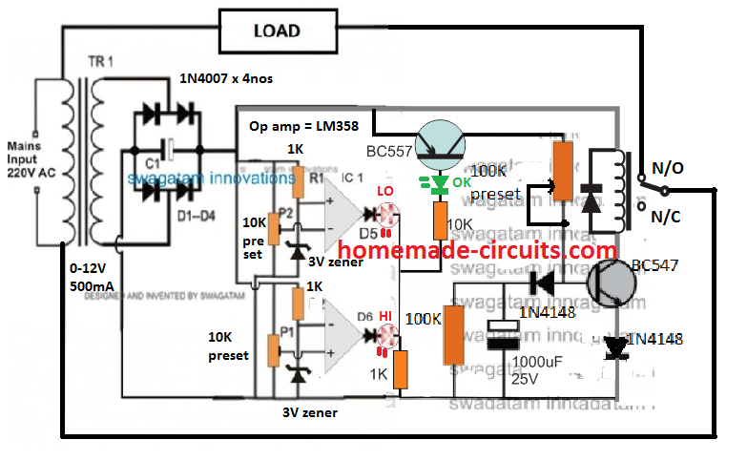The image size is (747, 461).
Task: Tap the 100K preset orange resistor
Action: click(565, 170)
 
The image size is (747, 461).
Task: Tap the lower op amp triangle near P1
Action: click(341, 335)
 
